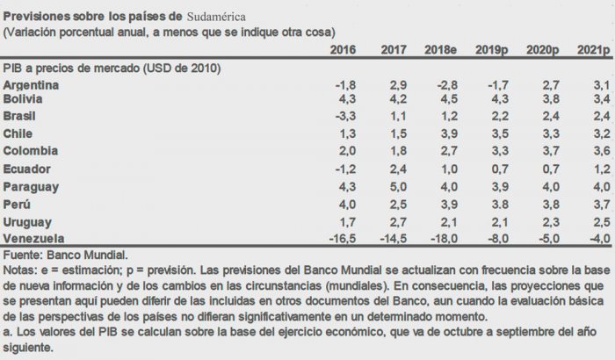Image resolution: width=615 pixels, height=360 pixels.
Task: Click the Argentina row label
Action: pyautogui.click(x=32, y=85)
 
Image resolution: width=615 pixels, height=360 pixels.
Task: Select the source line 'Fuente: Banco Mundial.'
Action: pyautogui.click(x=59, y=253)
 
